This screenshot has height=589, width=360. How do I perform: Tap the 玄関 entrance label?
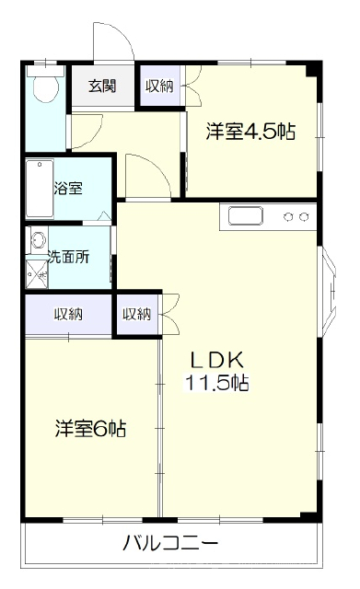102,86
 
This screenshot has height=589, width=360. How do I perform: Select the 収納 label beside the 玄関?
159,87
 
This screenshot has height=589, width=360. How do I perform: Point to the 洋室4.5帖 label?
250,131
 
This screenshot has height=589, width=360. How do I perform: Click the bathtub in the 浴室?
40,189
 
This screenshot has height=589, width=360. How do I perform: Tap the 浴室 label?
68,188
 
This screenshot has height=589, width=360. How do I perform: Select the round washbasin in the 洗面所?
39,239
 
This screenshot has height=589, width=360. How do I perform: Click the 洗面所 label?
69,257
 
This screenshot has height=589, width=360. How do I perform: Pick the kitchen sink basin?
246,217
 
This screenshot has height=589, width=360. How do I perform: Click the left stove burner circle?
288,217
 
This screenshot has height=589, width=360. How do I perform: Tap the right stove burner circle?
304,217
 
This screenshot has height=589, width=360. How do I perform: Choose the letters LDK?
217,360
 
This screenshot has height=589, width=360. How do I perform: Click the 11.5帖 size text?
216,383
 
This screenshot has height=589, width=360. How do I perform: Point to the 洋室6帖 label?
90,428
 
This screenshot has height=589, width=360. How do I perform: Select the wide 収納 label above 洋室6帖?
68,314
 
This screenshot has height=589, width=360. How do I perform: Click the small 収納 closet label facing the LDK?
137,314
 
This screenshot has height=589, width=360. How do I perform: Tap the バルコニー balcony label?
170,543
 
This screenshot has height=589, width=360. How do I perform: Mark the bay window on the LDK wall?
327,291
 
